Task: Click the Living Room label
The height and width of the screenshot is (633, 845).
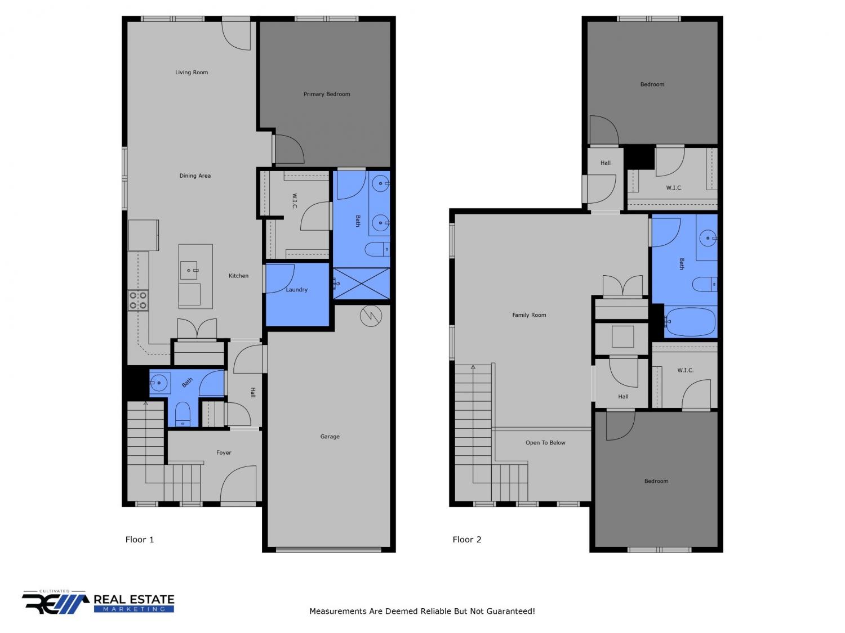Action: tap(192, 72)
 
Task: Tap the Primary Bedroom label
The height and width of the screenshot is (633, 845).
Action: tap(326, 94)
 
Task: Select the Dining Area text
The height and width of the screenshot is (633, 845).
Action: tap(195, 176)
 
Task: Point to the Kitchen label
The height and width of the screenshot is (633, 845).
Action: tap(238, 276)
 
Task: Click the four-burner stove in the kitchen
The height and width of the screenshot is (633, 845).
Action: tap(138, 300)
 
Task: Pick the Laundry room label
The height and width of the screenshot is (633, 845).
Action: tap(296, 290)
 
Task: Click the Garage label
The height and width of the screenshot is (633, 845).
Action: tap(330, 437)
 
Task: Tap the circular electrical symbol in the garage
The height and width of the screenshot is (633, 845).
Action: tap(370, 316)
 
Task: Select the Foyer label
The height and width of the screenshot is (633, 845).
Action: tap(223, 453)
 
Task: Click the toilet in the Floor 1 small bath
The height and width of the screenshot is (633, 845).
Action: tap(183, 414)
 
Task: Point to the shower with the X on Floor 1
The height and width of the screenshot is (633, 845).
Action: tap(361, 283)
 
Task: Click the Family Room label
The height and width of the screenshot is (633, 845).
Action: tap(528, 315)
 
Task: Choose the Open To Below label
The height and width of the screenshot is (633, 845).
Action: tap(545, 443)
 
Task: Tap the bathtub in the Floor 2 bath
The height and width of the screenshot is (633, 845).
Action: tap(690, 322)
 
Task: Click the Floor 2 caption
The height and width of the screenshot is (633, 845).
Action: tap(466, 540)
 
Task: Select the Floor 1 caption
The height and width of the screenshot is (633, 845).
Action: tap(139, 540)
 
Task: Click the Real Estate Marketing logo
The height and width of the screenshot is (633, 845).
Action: tap(98, 602)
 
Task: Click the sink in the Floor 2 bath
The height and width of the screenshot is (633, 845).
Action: tap(708, 238)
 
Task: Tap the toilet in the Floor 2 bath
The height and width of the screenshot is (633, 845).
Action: tap(705, 284)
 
